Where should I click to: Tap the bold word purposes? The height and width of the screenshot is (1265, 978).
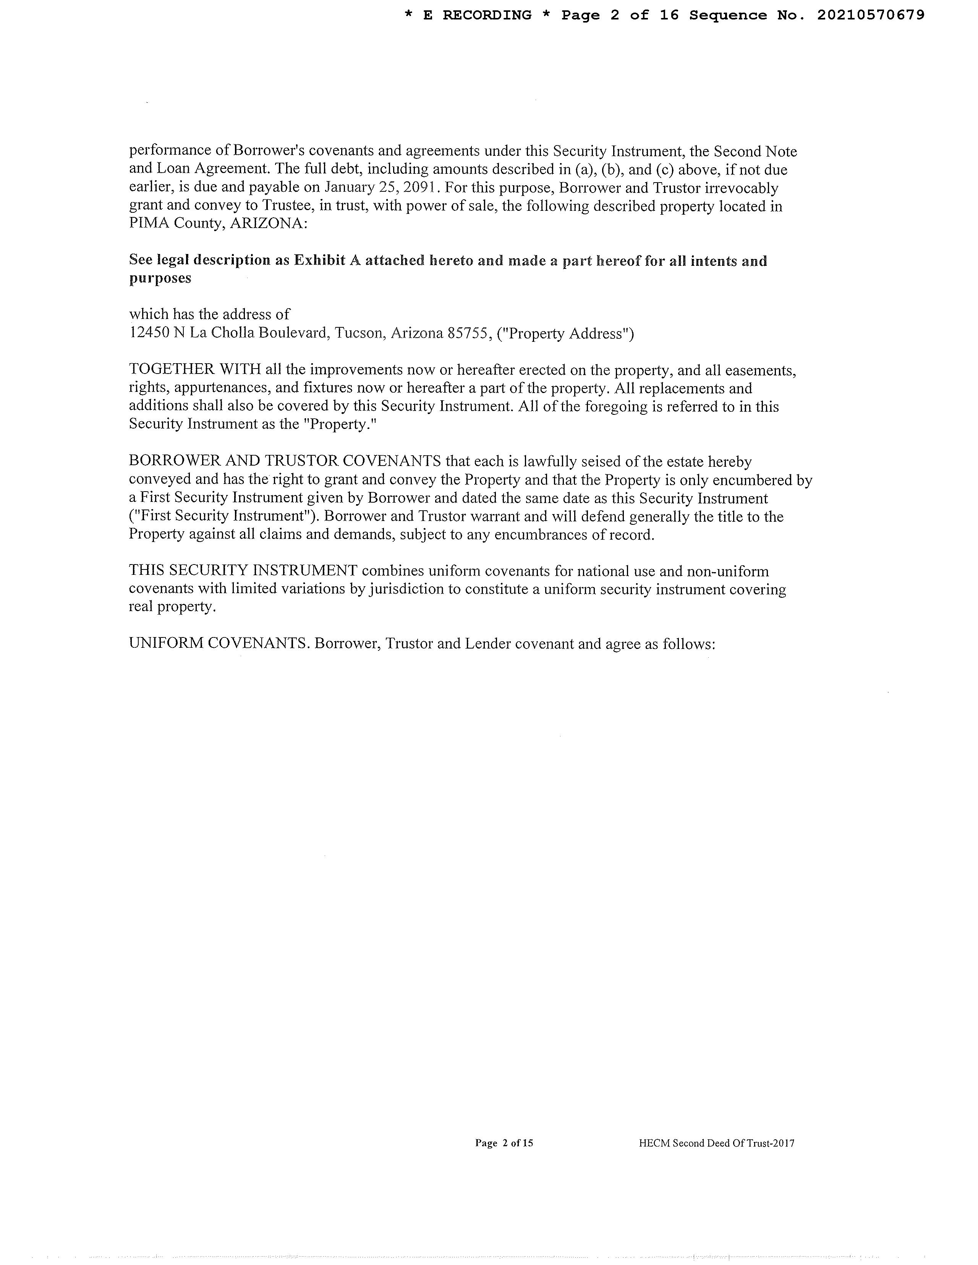pos(160,278)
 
